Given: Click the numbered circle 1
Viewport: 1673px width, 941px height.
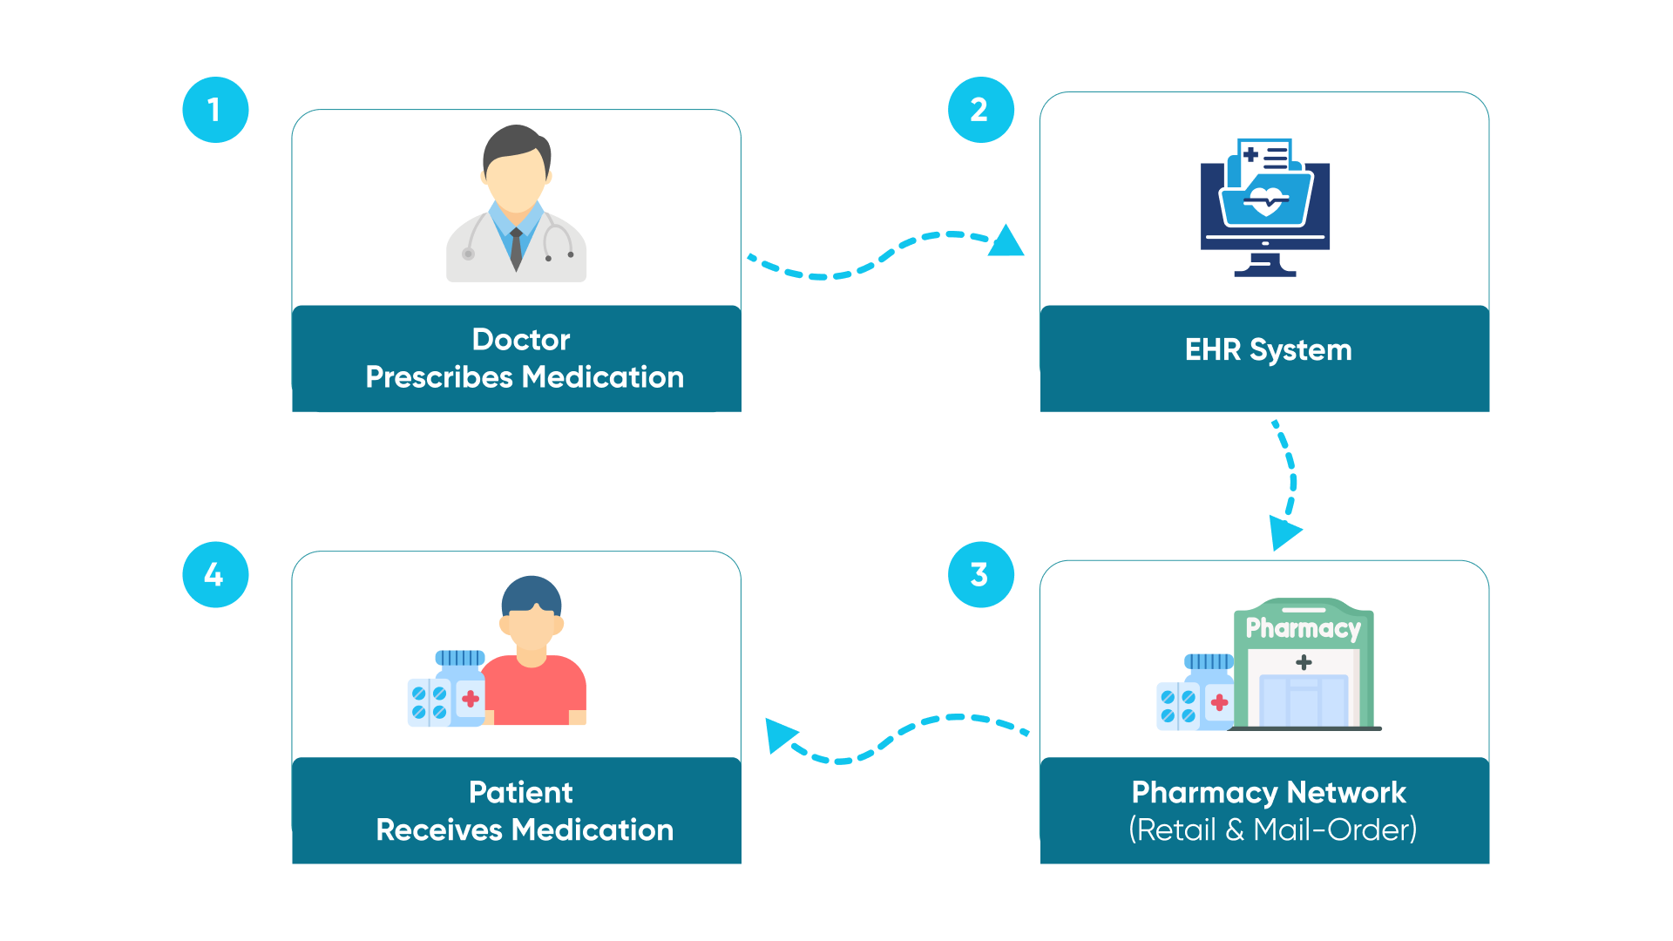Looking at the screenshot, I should (215, 110).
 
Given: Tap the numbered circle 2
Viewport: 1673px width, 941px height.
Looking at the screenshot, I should (980, 110).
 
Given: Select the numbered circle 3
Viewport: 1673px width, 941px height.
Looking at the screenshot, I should (980, 574).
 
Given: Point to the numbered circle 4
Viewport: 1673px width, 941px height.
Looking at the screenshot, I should (215, 574).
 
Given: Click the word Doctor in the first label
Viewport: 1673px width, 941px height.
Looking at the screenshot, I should (520, 339).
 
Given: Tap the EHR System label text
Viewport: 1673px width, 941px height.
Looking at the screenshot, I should (1268, 350).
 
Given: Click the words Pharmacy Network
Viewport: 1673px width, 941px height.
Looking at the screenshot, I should (1268, 792).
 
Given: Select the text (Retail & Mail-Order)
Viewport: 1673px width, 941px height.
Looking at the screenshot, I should (1272, 829).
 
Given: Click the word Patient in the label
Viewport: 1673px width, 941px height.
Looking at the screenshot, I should (520, 792).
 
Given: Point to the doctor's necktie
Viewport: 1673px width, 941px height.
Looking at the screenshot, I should (516, 247).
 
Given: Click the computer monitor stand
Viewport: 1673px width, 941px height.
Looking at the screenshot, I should (1265, 264).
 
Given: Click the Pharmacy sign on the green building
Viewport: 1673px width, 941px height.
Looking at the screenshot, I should (1303, 627).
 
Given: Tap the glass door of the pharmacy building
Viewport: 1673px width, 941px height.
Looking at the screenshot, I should (1303, 701).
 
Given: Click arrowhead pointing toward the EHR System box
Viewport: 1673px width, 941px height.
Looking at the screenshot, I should (1006, 242).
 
